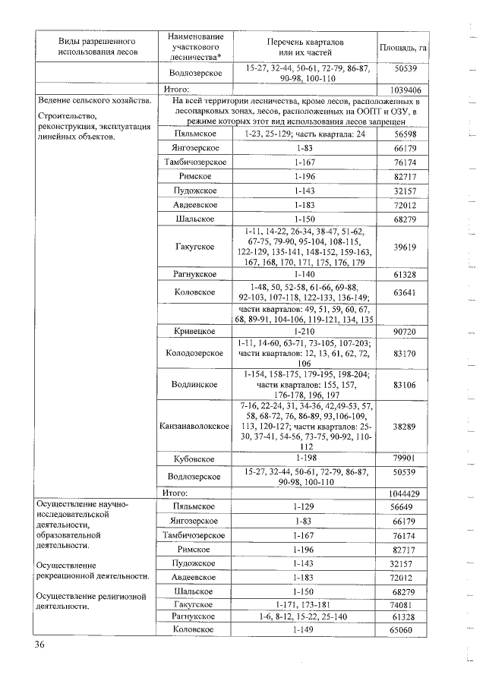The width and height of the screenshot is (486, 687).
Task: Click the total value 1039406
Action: tap(404, 89)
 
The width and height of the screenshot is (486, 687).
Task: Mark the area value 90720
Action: tap(404, 332)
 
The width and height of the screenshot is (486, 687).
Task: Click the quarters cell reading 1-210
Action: tap(311, 332)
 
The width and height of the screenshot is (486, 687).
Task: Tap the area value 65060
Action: tap(404, 630)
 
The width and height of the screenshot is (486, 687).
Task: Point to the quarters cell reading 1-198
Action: tap(311, 459)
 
